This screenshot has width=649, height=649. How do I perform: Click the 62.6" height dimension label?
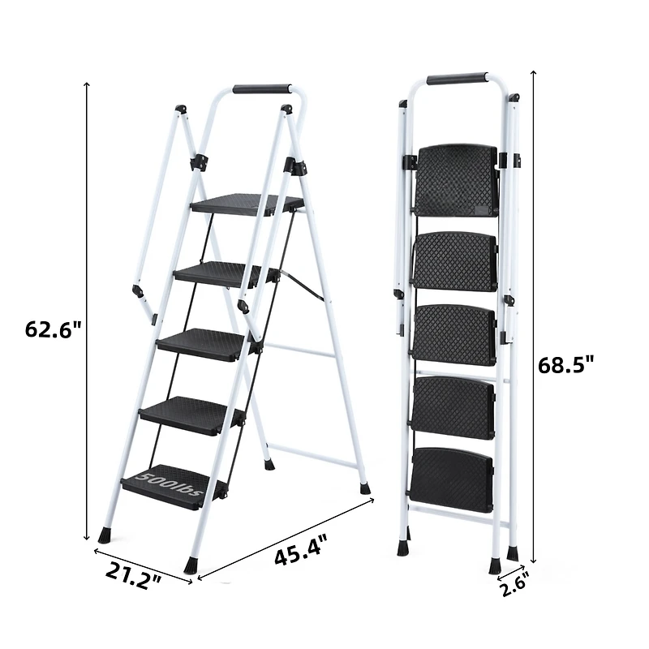pyautogui.click(x=54, y=330)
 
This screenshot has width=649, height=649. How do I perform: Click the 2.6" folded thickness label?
pyautogui.click(x=516, y=582)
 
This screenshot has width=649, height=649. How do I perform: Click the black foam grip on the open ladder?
pyautogui.click(x=261, y=88)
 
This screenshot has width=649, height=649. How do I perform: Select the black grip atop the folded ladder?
pyautogui.click(x=457, y=79)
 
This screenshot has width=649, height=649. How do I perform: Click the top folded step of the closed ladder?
pyautogui.click(x=456, y=179)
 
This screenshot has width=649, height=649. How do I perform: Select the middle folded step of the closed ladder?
pyautogui.click(x=454, y=333)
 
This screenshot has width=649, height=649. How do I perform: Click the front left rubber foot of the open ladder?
pyautogui.click(x=104, y=535)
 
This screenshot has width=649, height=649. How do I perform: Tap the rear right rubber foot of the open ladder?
pyautogui.click(x=365, y=488)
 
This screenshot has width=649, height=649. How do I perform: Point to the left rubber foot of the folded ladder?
pyautogui.click(x=403, y=548)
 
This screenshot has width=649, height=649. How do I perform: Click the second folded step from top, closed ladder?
pyautogui.click(x=455, y=261)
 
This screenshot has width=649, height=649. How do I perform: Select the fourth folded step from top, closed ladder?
pyautogui.click(x=453, y=407)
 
